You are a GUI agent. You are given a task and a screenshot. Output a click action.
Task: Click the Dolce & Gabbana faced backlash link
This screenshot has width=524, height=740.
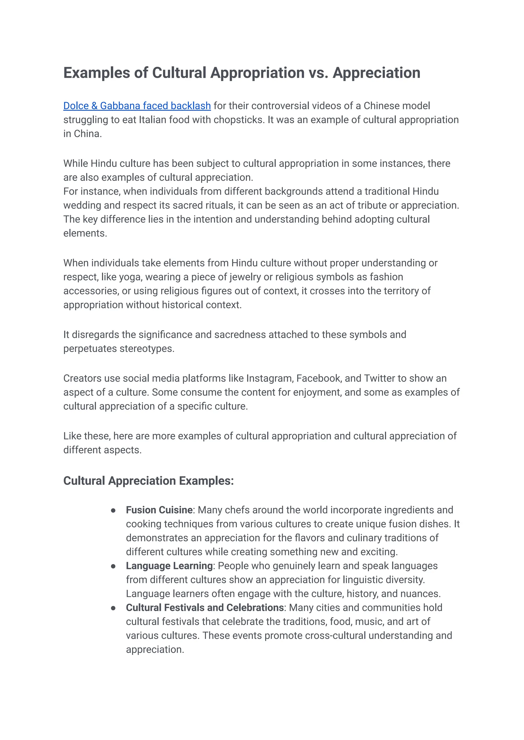[x=137, y=106]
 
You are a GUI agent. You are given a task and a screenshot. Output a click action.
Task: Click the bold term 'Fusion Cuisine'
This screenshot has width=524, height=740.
[x=159, y=510]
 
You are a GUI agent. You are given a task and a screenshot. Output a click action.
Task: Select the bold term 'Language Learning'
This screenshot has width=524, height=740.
[x=169, y=566]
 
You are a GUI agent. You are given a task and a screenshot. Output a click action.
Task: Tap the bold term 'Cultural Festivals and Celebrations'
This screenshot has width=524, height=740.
[x=205, y=608]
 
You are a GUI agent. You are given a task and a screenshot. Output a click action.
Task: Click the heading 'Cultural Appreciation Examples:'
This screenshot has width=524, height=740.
[x=148, y=481]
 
